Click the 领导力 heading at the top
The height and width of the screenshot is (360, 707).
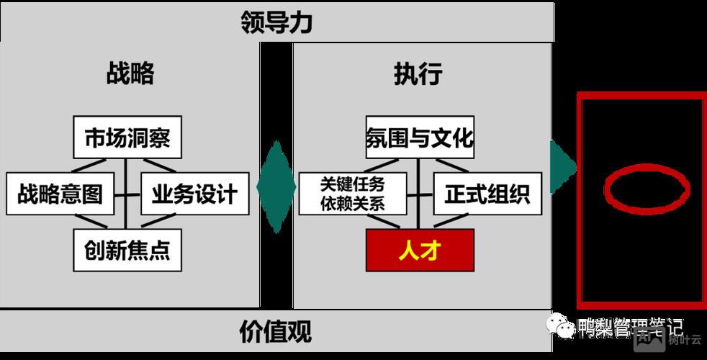276,22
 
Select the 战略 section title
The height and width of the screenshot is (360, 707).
130,74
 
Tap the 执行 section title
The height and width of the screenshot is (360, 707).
418,74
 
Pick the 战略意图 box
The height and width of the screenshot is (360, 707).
60,194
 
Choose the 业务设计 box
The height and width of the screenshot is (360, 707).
194,194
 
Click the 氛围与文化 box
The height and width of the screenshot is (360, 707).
420,137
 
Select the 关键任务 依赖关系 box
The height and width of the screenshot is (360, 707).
353,194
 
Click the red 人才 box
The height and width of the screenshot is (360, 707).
420,251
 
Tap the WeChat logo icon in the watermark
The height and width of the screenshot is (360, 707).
561,328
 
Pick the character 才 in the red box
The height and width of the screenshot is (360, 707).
431,251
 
